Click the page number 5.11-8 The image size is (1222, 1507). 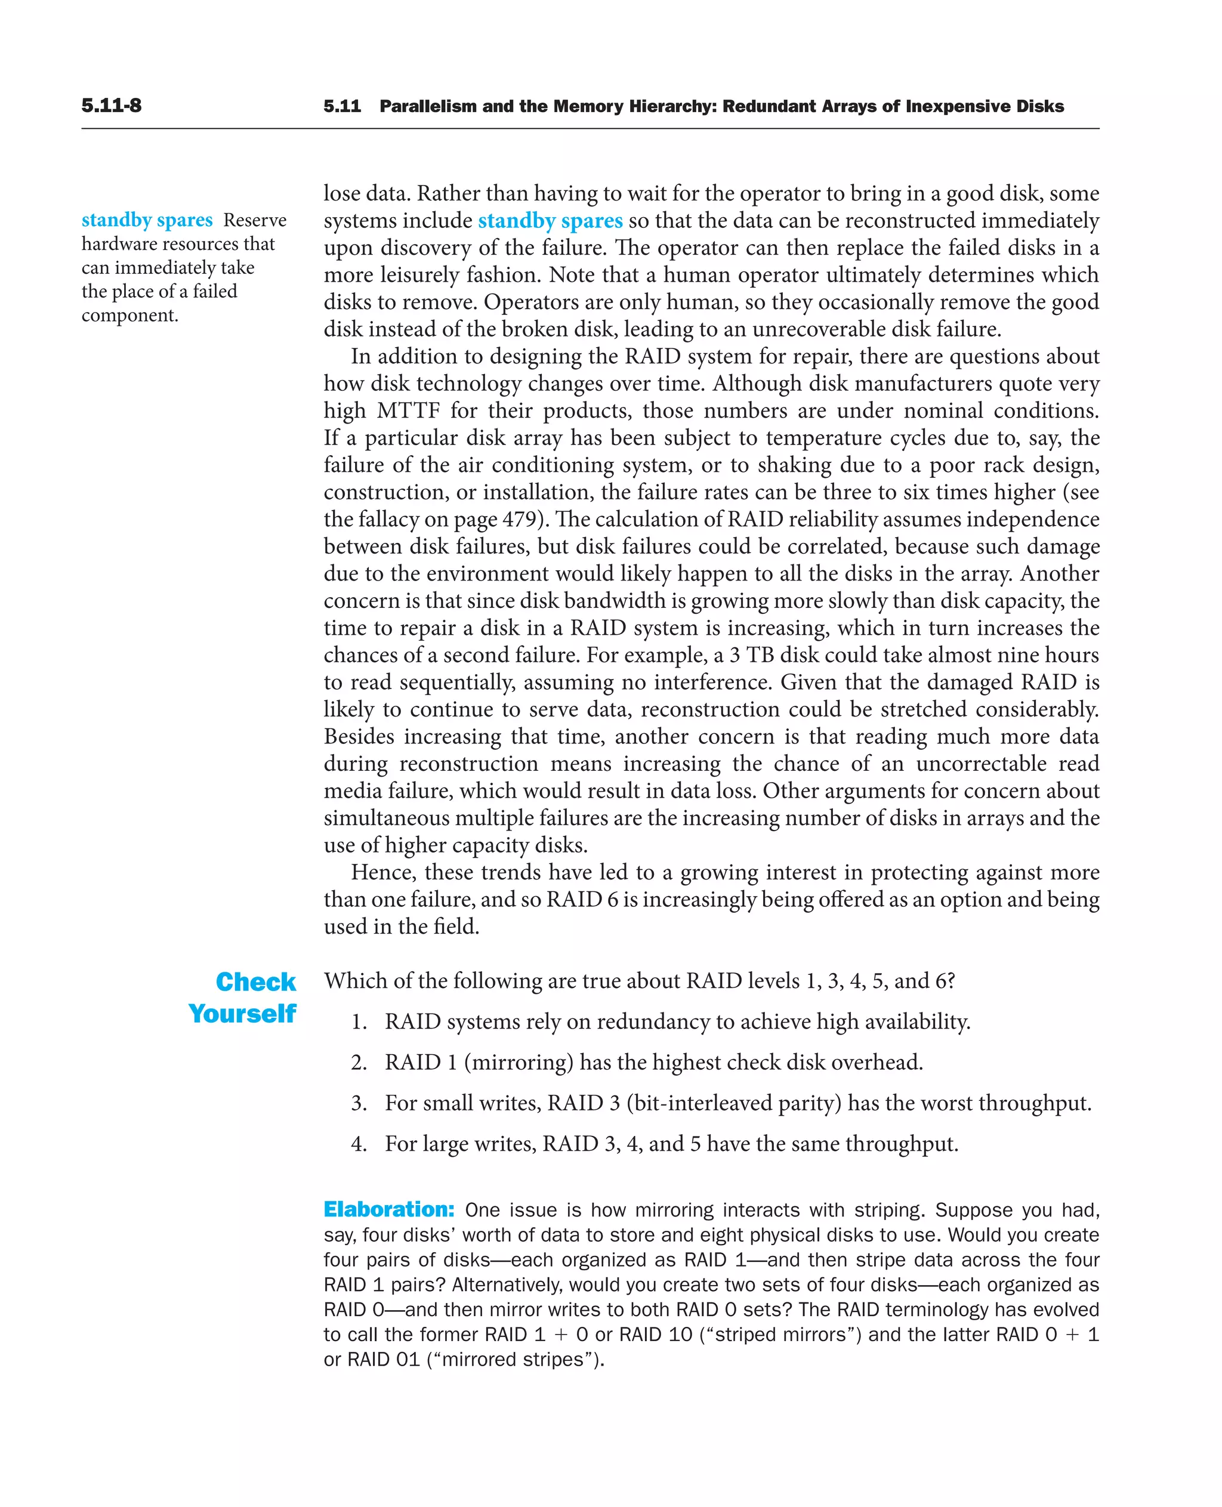111,106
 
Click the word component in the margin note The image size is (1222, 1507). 128,316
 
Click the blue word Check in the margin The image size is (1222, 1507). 255,982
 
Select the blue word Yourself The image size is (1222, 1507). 242,1014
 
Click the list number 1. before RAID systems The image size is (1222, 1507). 359,1022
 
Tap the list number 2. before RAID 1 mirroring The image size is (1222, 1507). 359,1063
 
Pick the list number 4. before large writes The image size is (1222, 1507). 359,1144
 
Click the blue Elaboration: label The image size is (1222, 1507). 388,1210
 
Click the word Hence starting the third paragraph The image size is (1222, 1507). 384,873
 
